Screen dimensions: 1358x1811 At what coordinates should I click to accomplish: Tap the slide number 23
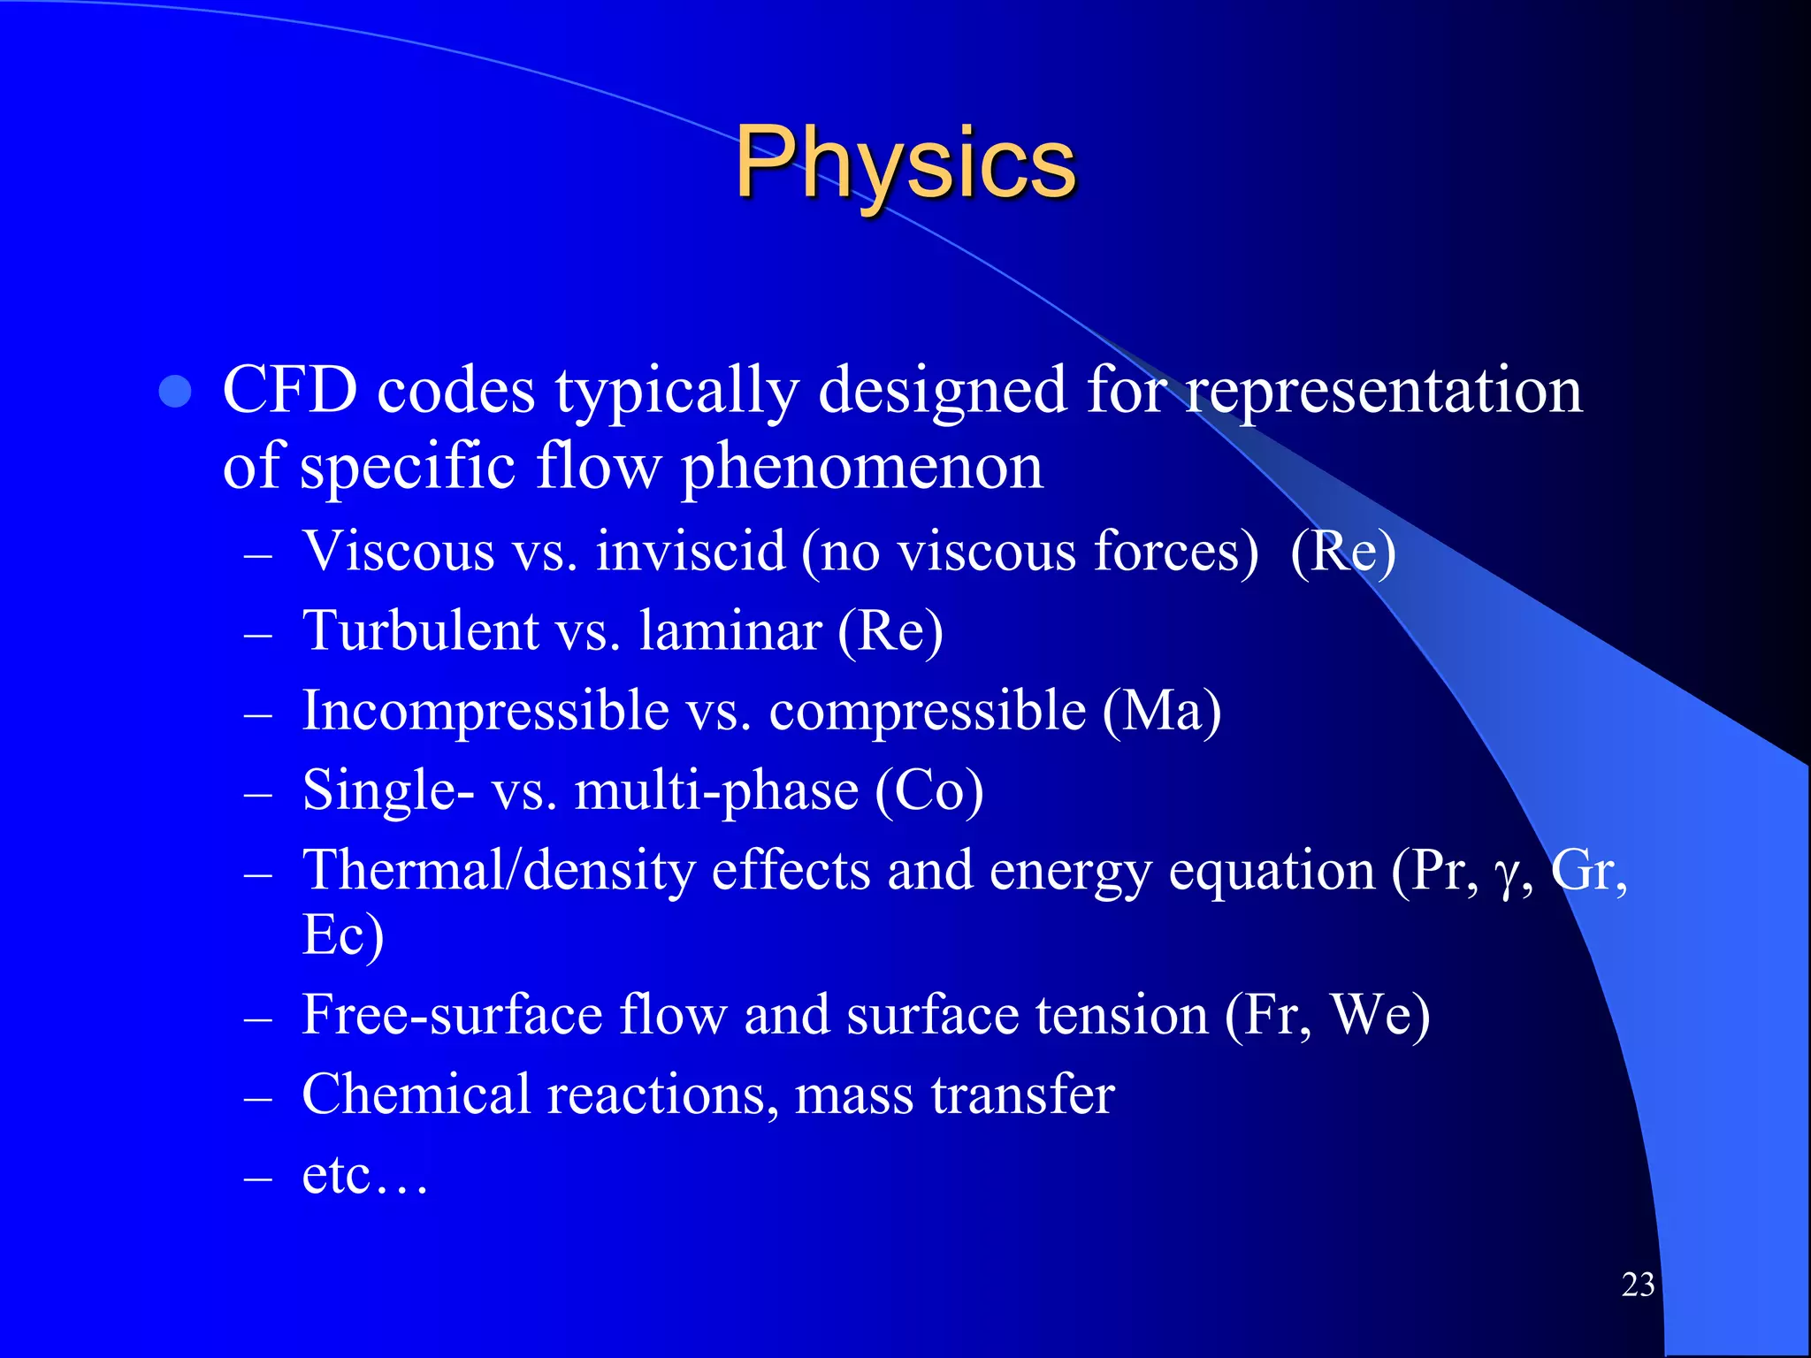(1638, 1285)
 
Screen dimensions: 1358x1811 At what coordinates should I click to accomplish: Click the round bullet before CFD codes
(175, 392)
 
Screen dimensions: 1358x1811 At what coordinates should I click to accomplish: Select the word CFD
(290, 390)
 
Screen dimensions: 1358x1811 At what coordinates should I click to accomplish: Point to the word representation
(1384, 392)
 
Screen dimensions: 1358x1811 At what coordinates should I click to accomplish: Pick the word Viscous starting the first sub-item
(398, 551)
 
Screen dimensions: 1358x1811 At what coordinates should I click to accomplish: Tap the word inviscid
(691, 551)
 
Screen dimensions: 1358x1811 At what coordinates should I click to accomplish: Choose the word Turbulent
(420, 631)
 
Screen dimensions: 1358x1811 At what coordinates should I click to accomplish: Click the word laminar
(730, 631)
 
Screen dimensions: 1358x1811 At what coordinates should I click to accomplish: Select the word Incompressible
(485, 711)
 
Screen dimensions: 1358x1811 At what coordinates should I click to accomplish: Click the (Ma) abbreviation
(1162, 711)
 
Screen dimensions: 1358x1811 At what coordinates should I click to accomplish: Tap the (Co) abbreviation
(928, 790)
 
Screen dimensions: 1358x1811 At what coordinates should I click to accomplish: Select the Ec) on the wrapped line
(342, 935)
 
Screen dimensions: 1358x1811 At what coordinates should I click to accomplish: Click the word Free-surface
(452, 1014)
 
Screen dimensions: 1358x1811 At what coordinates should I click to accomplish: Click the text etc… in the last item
(364, 1176)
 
